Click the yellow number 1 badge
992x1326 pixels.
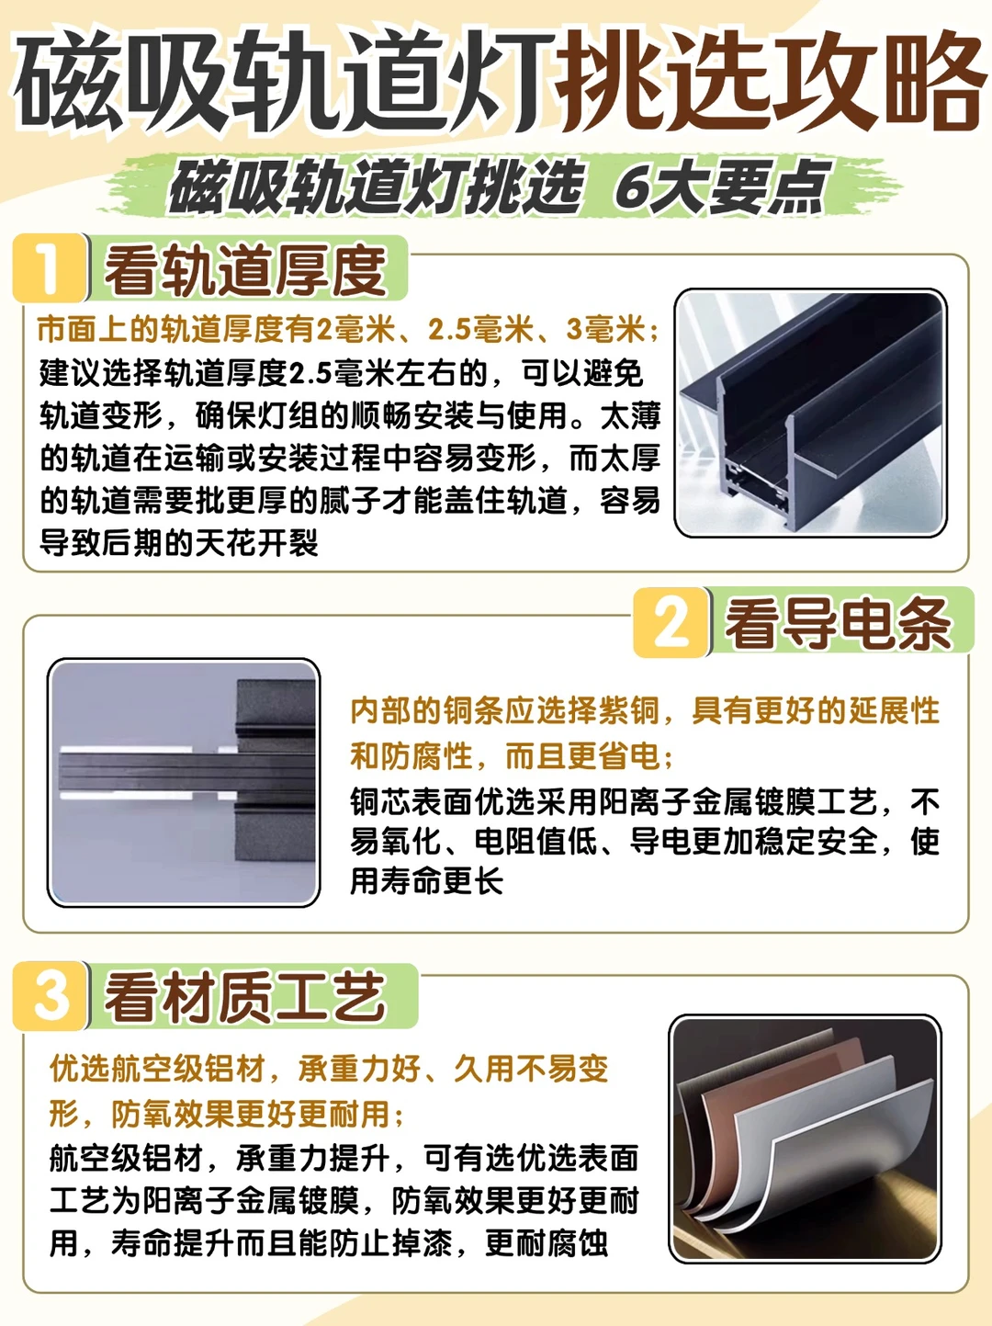click(x=50, y=267)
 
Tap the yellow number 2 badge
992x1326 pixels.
click(x=671, y=622)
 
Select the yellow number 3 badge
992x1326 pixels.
click(x=51, y=995)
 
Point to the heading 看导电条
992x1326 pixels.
click(x=838, y=624)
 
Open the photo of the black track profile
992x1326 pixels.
click(x=810, y=413)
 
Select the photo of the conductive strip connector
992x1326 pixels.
click(x=184, y=782)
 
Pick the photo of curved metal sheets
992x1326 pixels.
click(x=806, y=1139)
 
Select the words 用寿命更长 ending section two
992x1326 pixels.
click(x=427, y=881)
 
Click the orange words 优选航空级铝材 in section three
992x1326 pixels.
click(x=158, y=1069)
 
